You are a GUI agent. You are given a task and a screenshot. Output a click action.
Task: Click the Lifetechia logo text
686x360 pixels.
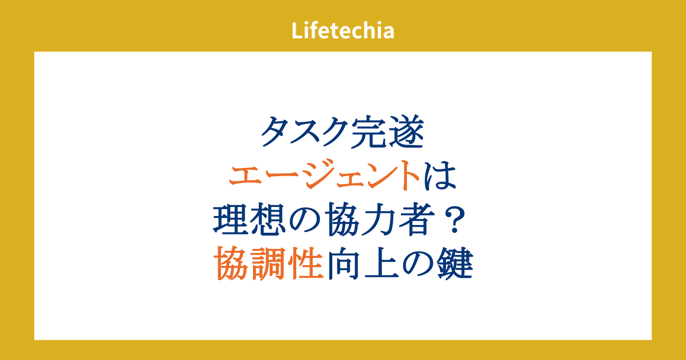click(x=343, y=30)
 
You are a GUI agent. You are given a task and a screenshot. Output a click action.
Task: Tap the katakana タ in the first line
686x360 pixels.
click(x=277, y=132)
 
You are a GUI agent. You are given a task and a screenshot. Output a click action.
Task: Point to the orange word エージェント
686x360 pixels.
click(x=325, y=175)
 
